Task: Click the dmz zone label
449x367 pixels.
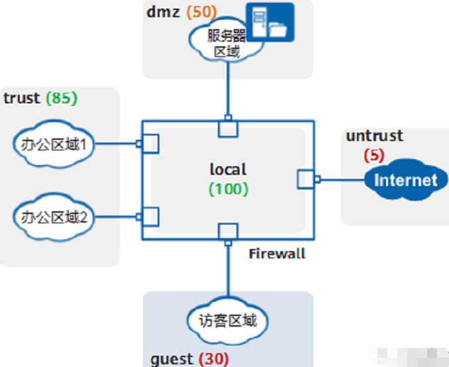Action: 162,11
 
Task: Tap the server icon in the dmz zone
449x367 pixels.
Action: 270,23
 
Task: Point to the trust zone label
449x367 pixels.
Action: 22,98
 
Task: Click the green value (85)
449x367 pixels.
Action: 62,98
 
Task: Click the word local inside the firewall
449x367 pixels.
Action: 228,170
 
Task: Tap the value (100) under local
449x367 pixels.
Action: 228,189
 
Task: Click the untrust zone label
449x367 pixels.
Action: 374,136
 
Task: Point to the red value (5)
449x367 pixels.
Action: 374,156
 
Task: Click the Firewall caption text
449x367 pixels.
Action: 277,253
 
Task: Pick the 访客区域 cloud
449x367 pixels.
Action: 228,321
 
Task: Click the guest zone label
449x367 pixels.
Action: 172,358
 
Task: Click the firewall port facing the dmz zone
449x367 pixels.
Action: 228,127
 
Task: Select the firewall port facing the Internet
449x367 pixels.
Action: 306,179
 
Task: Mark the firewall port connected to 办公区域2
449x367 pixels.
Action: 150,216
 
